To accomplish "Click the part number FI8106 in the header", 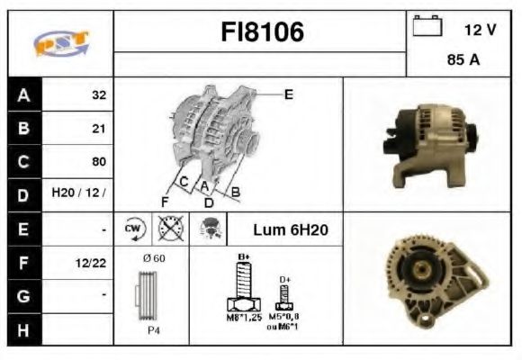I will click(262, 32).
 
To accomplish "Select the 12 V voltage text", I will click(480, 30).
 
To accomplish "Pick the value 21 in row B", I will click(98, 129).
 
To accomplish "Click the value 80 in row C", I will click(98, 162).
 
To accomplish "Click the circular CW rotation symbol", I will click(134, 229).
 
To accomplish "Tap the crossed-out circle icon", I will click(167, 229).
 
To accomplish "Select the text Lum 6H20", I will click(291, 230).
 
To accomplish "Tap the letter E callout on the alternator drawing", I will click(288, 94).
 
